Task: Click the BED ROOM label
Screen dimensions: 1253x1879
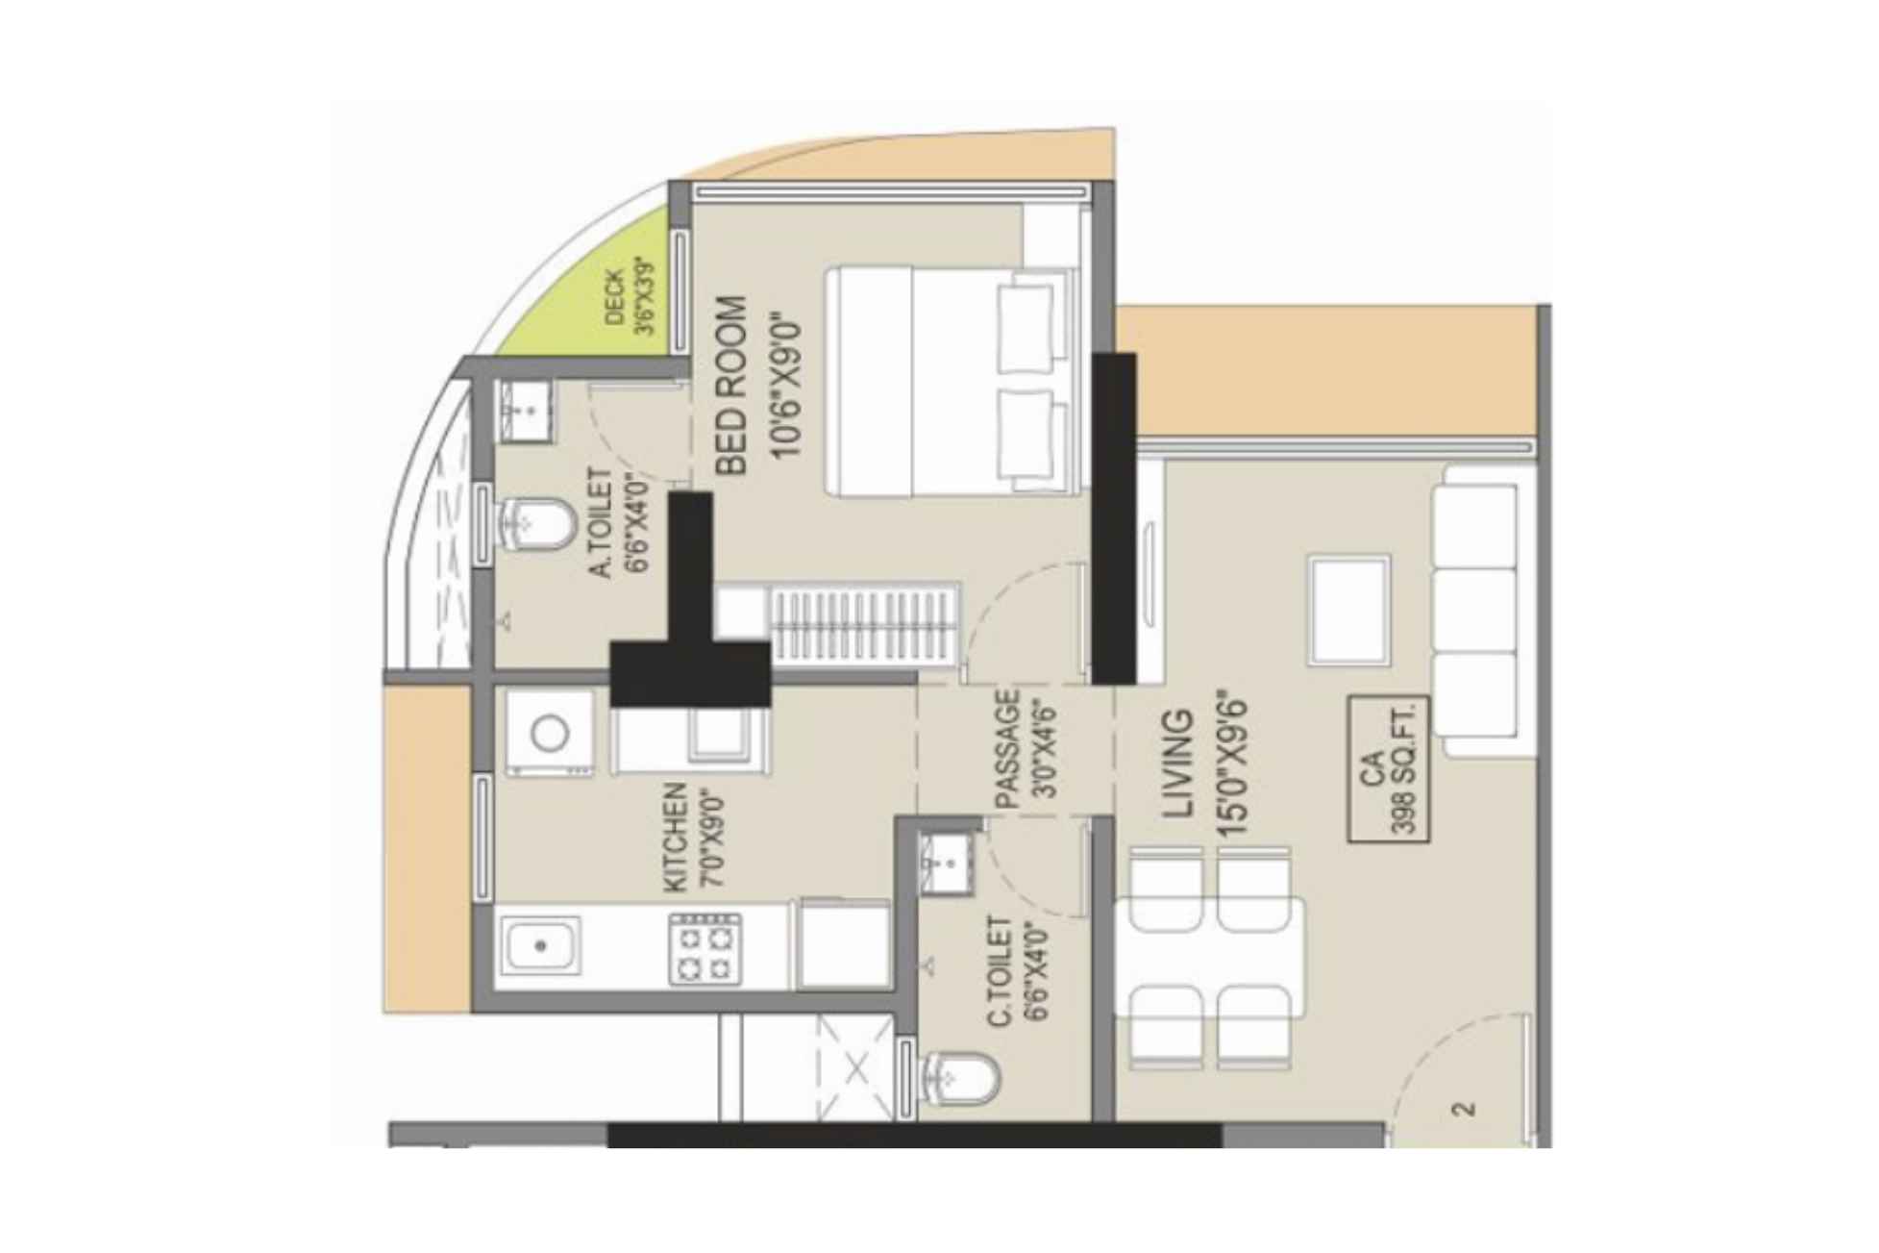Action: (x=731, y=386)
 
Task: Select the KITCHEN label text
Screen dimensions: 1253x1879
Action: (x=676, y=837)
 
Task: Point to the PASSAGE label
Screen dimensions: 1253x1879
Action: (x=1006, y=750)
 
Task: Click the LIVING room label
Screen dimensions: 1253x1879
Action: (x=1178, y=764)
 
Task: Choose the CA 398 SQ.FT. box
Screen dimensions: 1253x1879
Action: (x=1389, y=770)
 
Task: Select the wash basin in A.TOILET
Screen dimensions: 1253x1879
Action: (x=525, y=412)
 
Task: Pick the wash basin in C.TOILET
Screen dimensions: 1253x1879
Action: (x=947, y=864)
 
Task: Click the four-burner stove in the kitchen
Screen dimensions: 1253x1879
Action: (x=705, y=950)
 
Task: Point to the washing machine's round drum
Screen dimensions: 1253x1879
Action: (x=550, y=734)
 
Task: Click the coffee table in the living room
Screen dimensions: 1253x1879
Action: (x=1349, y=610)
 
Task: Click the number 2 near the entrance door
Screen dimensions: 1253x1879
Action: (x=1464, y=1109)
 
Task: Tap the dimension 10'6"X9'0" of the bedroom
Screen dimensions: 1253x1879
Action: (x=786, y=384)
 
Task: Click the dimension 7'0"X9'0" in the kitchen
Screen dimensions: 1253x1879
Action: (x=711, y=837)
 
